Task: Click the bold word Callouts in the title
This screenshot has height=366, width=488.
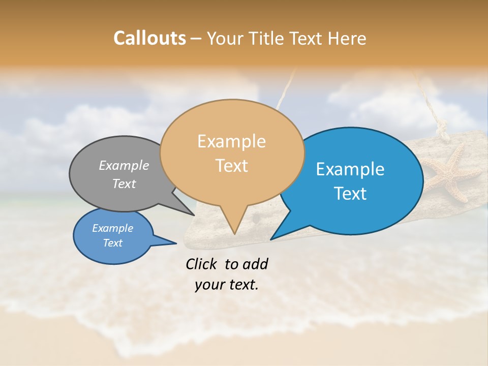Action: [149, 38]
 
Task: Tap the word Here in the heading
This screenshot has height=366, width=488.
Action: [347, 38]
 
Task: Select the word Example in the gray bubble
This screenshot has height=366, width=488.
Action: [124, 165]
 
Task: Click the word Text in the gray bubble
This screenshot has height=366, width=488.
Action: [124, 184]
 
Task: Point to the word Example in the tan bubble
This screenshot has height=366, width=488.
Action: [231, 141]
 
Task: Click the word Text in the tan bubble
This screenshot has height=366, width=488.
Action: [232, 166]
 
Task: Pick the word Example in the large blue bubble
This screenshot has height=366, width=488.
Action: [350, 169]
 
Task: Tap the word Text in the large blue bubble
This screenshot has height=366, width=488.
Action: [350, 194]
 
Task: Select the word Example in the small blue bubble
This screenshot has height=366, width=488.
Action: [112, 228]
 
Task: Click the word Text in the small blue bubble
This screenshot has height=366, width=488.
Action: [112, 243]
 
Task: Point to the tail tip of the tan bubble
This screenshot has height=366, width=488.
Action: [234, 233]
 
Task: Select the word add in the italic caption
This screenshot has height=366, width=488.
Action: [255, 264]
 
